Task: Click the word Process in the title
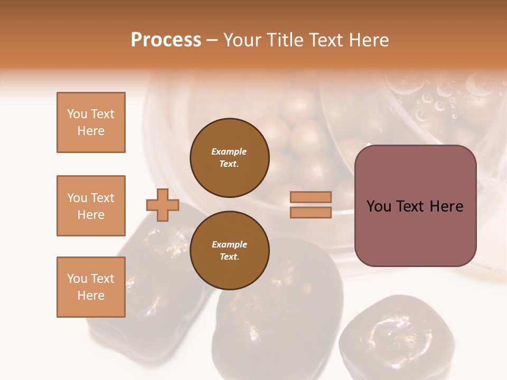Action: pos(166,40)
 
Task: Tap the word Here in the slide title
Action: pos(366,40)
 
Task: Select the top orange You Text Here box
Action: pos(91,122)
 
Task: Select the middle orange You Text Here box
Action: pos(91,206)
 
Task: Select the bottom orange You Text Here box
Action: pos(91,287)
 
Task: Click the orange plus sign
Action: pos(163,205)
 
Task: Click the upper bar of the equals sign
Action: pos(311,197)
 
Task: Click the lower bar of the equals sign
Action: pos(311,212)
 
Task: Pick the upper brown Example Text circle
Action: pos(229,158)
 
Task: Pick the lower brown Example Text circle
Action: pos(229,251)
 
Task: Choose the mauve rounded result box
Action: pos(415,206)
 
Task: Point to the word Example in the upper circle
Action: pos(229,151)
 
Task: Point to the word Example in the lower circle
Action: pos(229,244)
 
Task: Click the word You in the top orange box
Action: pos(77,114)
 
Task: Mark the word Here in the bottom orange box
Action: pos(91,296)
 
